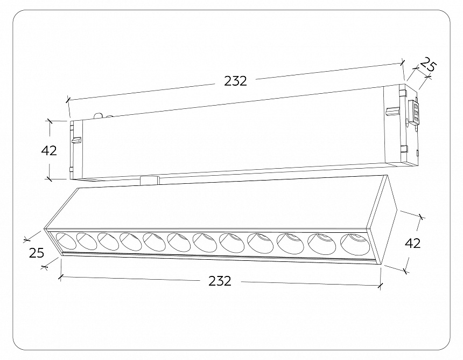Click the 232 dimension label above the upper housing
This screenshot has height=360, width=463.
click(x=235, y=81)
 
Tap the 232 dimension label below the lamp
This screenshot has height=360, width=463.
click(x=220, y=281)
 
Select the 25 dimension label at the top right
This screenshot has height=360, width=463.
click(x=427, y=65)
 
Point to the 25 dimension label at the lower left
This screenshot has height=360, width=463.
click(x=37, y=252)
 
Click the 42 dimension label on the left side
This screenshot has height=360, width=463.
click(x=49, y=150)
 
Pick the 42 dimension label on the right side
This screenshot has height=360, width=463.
click(x=412, y=243)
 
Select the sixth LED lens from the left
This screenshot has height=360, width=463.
click(x=178, y=241)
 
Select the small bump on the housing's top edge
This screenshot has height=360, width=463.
click(x=99, y=115)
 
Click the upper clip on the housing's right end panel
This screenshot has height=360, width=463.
click(x=391, y=110)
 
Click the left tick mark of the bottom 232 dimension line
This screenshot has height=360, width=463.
click(x=61, y=277)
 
